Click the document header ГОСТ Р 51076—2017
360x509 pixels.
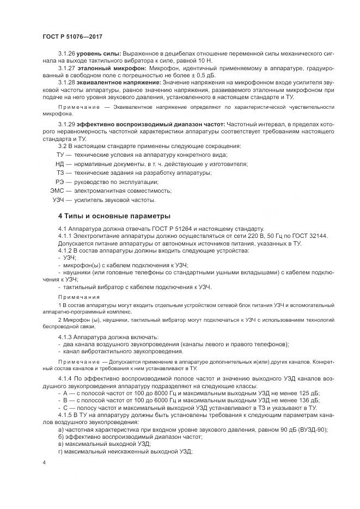(72, 36)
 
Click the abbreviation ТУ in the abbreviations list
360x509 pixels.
(60, 155)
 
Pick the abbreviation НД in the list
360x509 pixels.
(60, 164)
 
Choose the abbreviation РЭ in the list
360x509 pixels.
(60, 182)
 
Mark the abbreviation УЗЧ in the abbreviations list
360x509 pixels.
(59, 200)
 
